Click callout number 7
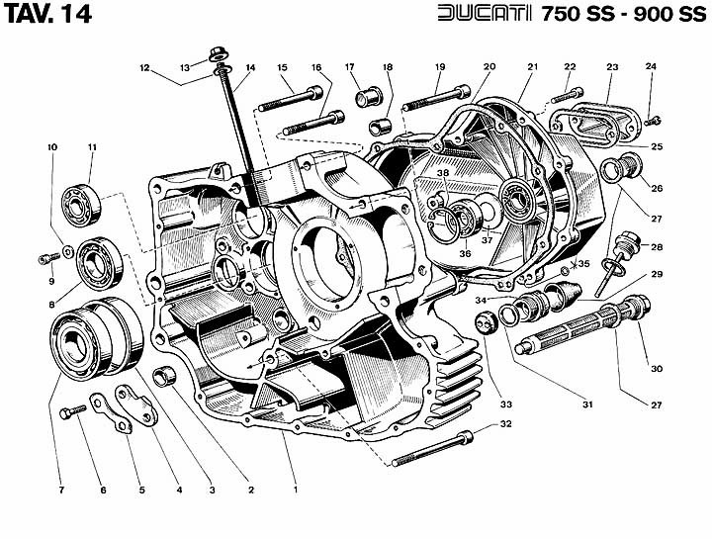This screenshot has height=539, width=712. [x=60, y=491]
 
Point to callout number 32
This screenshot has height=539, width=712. [x=506, y=424]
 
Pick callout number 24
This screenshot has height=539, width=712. [x=651, y=67]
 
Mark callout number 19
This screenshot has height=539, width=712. [x=439, y=67]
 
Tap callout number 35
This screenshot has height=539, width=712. [x=583, y=264]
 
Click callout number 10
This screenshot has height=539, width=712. [x=52, y=147]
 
